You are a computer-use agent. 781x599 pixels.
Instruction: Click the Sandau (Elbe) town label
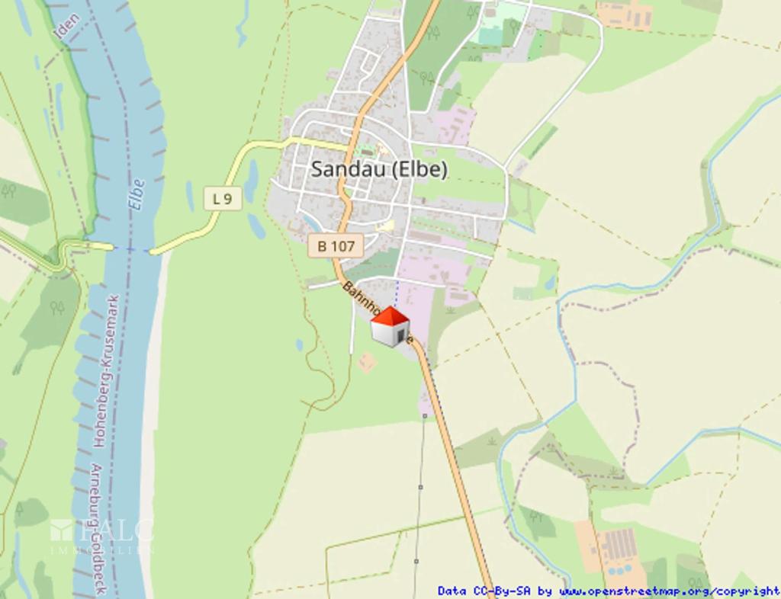coord(379,169)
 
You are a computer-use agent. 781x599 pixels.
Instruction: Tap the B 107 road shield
coord(336,246)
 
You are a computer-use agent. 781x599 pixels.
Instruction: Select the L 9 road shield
coord(223,199)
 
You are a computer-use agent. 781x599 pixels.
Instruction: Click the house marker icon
coord(390,328)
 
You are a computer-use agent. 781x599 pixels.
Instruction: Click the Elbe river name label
coord(137,195)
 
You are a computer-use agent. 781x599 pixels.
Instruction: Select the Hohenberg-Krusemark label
coord(104,370)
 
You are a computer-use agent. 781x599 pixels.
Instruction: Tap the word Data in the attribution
coord(451,591)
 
